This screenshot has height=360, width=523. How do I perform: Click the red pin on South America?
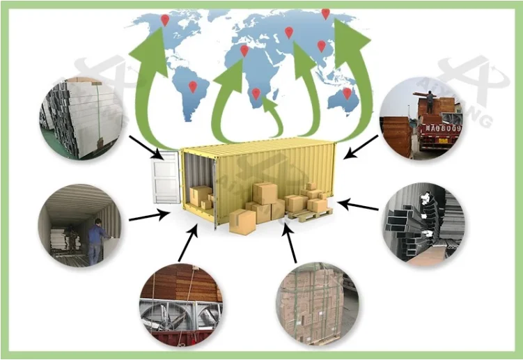193,86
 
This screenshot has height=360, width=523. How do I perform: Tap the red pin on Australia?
347,92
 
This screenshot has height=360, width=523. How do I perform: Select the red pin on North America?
165,20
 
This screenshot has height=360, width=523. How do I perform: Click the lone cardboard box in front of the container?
242,221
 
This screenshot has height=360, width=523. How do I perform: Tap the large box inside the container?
201,196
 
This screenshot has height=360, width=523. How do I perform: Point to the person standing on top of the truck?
430,103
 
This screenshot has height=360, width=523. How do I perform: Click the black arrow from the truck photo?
363,146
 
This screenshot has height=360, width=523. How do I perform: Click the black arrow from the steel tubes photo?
359,205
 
